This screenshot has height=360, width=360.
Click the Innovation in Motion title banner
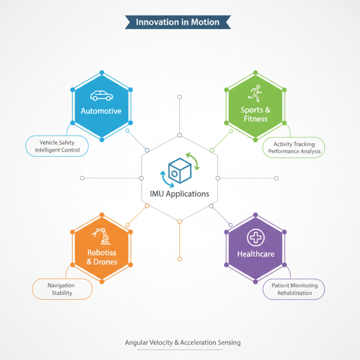[x=178, y=22]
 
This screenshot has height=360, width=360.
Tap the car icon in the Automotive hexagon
[x=102, y=96]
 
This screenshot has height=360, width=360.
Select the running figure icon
[x=255, y=93]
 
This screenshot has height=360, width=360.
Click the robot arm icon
[x=101, y=236]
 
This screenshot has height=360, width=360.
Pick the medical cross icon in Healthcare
[x=256, y=238]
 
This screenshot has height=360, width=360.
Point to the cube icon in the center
[x=180, y=171]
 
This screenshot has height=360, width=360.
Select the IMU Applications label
[x=180, y=194]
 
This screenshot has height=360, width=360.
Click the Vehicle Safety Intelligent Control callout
[x=57, y=146]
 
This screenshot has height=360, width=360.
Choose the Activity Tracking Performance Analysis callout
[x=294, y=148]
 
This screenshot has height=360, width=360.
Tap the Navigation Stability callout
[x=62, y=289]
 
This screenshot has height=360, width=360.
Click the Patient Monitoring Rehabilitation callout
[x=294, y=289]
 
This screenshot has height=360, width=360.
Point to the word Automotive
[x=101, y=111]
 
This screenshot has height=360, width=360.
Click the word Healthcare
[x=256, y=254]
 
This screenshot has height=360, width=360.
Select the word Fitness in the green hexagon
[x=256, y=119]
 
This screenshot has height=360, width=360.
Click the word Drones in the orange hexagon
[x=105, y=262]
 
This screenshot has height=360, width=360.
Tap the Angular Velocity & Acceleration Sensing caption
[x=183, y=342]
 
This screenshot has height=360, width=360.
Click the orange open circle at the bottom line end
[x=180, y=259]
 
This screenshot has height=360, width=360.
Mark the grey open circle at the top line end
[x=180, y=97]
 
